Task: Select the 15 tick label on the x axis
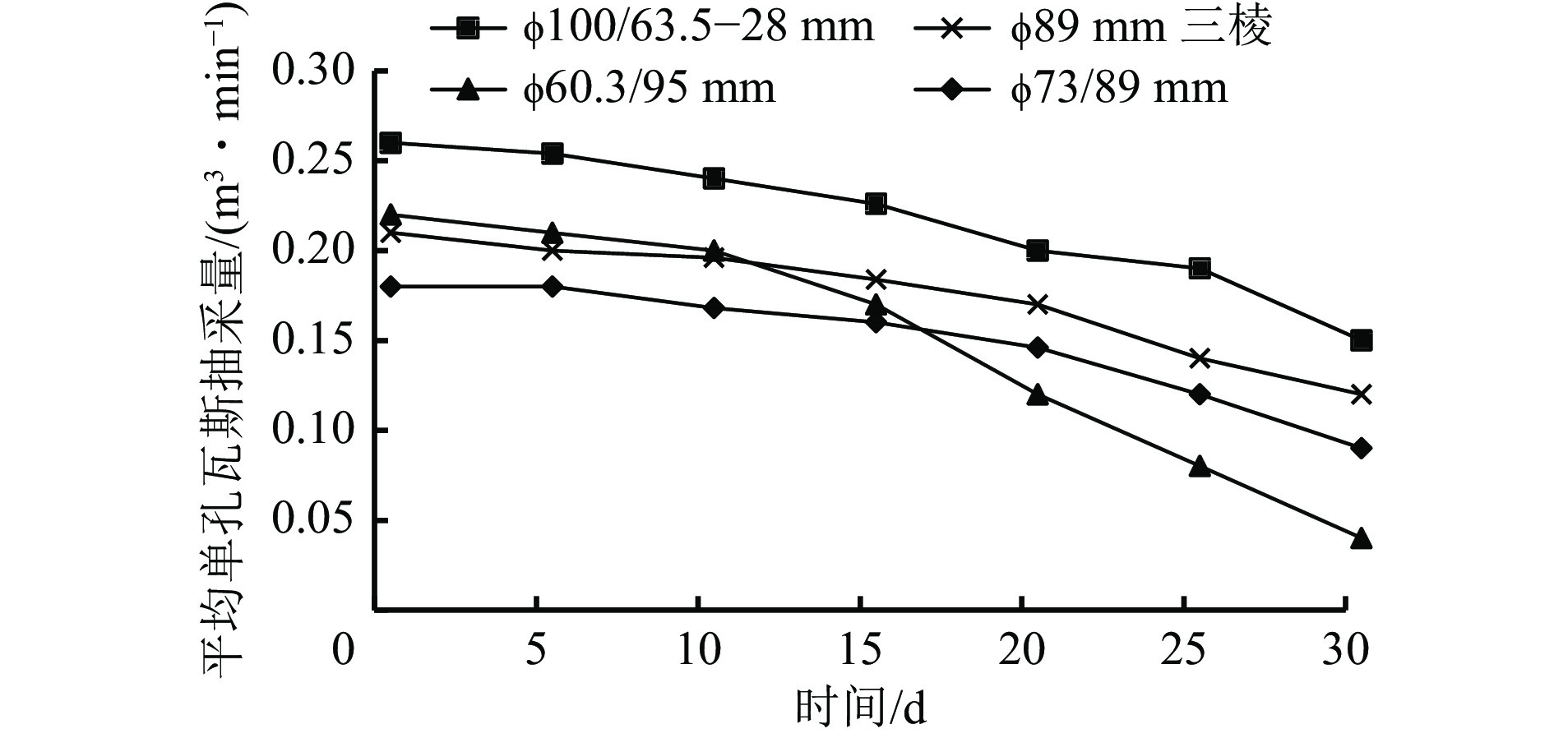(861, 650)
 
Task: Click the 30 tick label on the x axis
(1345, 650)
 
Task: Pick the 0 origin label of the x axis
(344, 650)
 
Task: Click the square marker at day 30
(1361, 340)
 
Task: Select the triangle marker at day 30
(1361, 539)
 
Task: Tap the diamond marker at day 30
(1361, 448)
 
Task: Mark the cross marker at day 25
(1200, 358)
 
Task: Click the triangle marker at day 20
(1038, 394)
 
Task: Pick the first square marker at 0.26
(391, 143)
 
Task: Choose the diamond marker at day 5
(553, 286)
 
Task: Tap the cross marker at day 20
(1038, 304)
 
